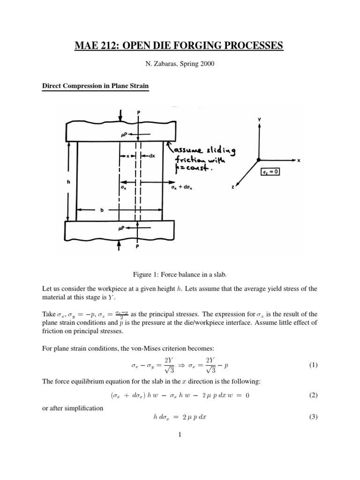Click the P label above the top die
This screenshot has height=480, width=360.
pyautogui.click(x=138, y=112)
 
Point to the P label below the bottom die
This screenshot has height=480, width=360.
pyautogui.click(x=137, y=249)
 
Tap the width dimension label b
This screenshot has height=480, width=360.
pyautogui.click(x=100, y=211)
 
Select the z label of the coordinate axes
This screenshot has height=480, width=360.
pyautogui.click(x=233, y=187)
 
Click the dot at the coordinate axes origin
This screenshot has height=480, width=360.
pyautogui.click(x=258, y=160)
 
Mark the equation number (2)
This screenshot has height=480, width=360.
pyautogui.click(x=314, y=395)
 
